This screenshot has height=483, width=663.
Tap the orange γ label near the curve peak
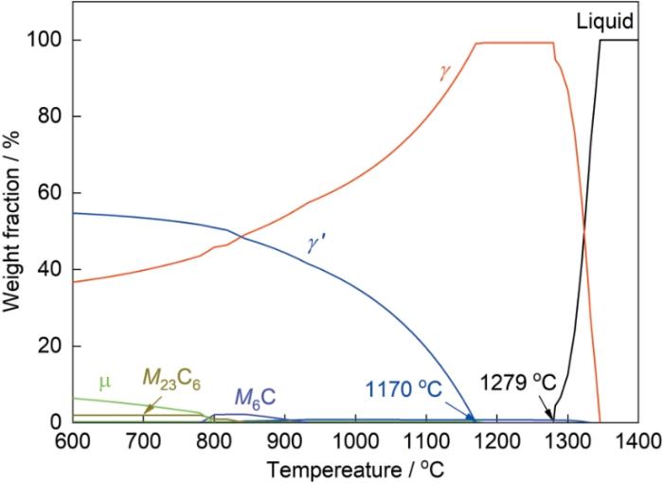pyautogui.click(x=443, y=72)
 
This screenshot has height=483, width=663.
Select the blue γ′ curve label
pyautogui.click(x=316, y=243)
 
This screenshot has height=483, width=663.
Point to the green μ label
pyautogui.click(x=103, y=382)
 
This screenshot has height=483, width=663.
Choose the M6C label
pyautogui.click(x=257, y=397)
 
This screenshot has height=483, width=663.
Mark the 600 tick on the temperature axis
pyautogui.click(x=72, y=441)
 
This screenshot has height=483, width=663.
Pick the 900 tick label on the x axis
pyautogui.click(x=283, y=441)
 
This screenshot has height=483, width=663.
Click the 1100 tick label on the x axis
pyautogui.click(x=425, y=441)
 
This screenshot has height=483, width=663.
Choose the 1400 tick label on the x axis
pyautogui.click(x=636, y=441)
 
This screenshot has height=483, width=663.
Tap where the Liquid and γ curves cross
pyautogui.click(x=584, y=231)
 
